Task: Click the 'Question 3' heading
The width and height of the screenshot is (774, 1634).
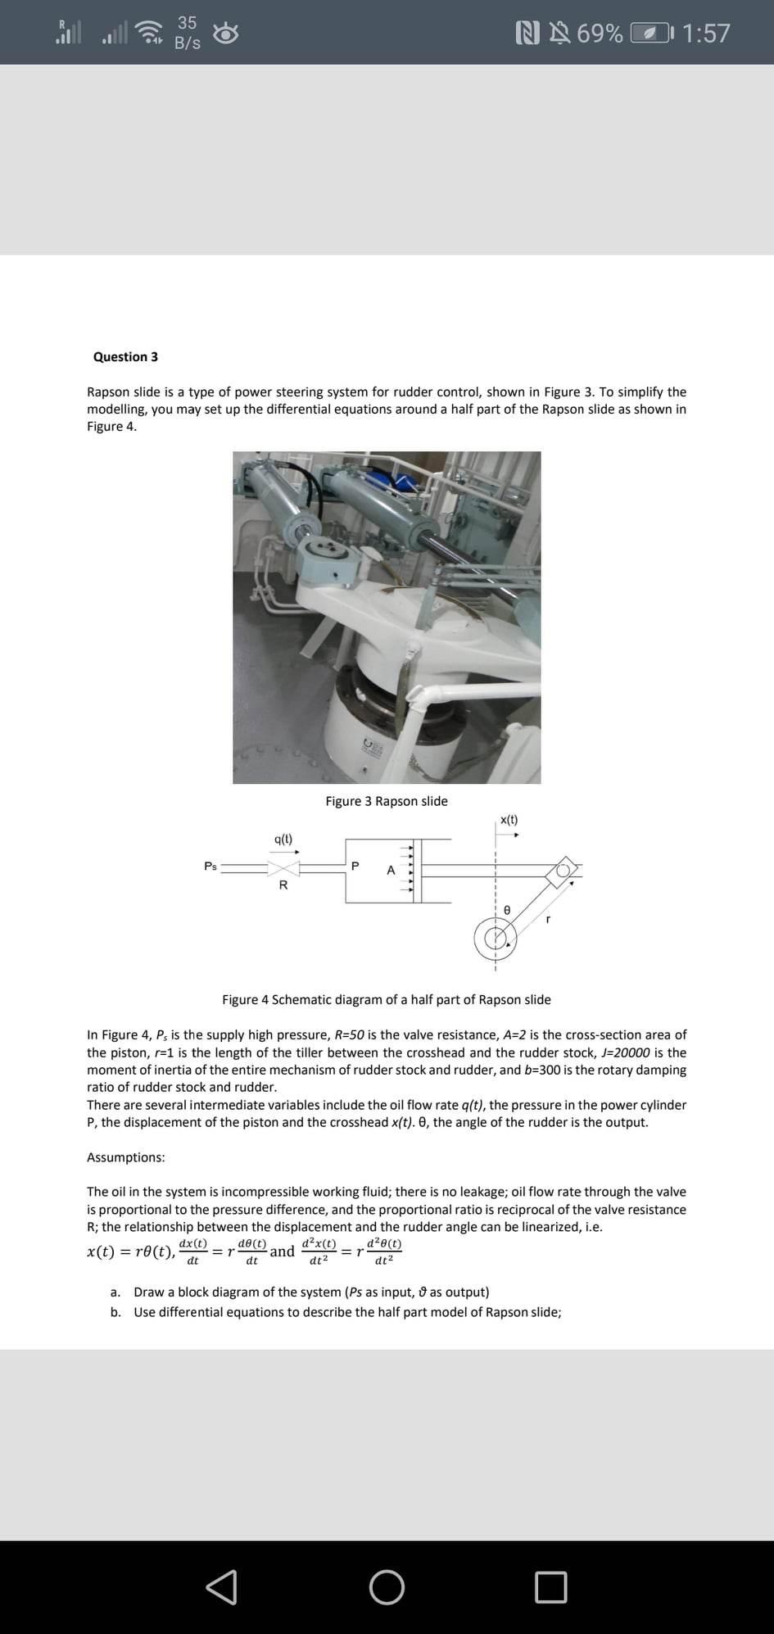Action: pyautogui.click(x=125, y=357)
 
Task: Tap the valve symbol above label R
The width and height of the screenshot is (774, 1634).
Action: pyautogui.click(x=283, y=867)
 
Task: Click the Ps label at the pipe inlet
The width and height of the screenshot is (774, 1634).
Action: pyautogui.click(x=210, y=866)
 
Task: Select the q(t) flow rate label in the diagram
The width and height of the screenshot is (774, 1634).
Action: pyautogui.click(x=283, y=839)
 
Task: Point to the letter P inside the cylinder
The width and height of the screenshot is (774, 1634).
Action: pyautogui.click(x=355, y=866)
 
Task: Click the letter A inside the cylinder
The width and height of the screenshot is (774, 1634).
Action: pyautogui.click(x=391, y=870)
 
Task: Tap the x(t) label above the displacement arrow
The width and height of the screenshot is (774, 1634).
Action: pyautogui.click(x=509, y=820)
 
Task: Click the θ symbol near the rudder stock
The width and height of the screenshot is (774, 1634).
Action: pyautogui.click(x=507, y=910)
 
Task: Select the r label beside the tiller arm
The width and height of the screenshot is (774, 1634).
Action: pyautogui.click(x=548, y=919)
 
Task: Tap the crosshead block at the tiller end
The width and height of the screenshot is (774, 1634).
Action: pyautogui.click(x=564, y=871)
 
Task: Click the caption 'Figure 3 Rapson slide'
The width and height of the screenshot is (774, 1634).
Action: pyautogui.click(x=387, y=801)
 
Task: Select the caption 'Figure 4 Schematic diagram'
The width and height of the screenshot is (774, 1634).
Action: pyautogui.click(x=387, y=1000)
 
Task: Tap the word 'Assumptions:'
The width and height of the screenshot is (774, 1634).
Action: pyautogui.click(x=125, y=1157)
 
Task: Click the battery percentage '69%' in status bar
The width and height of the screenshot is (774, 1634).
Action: pyautogui.click(x=600, y=34)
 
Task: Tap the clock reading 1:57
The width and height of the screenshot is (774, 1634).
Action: pyautogui.click(x=705, y=34)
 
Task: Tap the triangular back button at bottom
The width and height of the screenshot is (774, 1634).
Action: pyautogui.click(x=222, y=1586)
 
